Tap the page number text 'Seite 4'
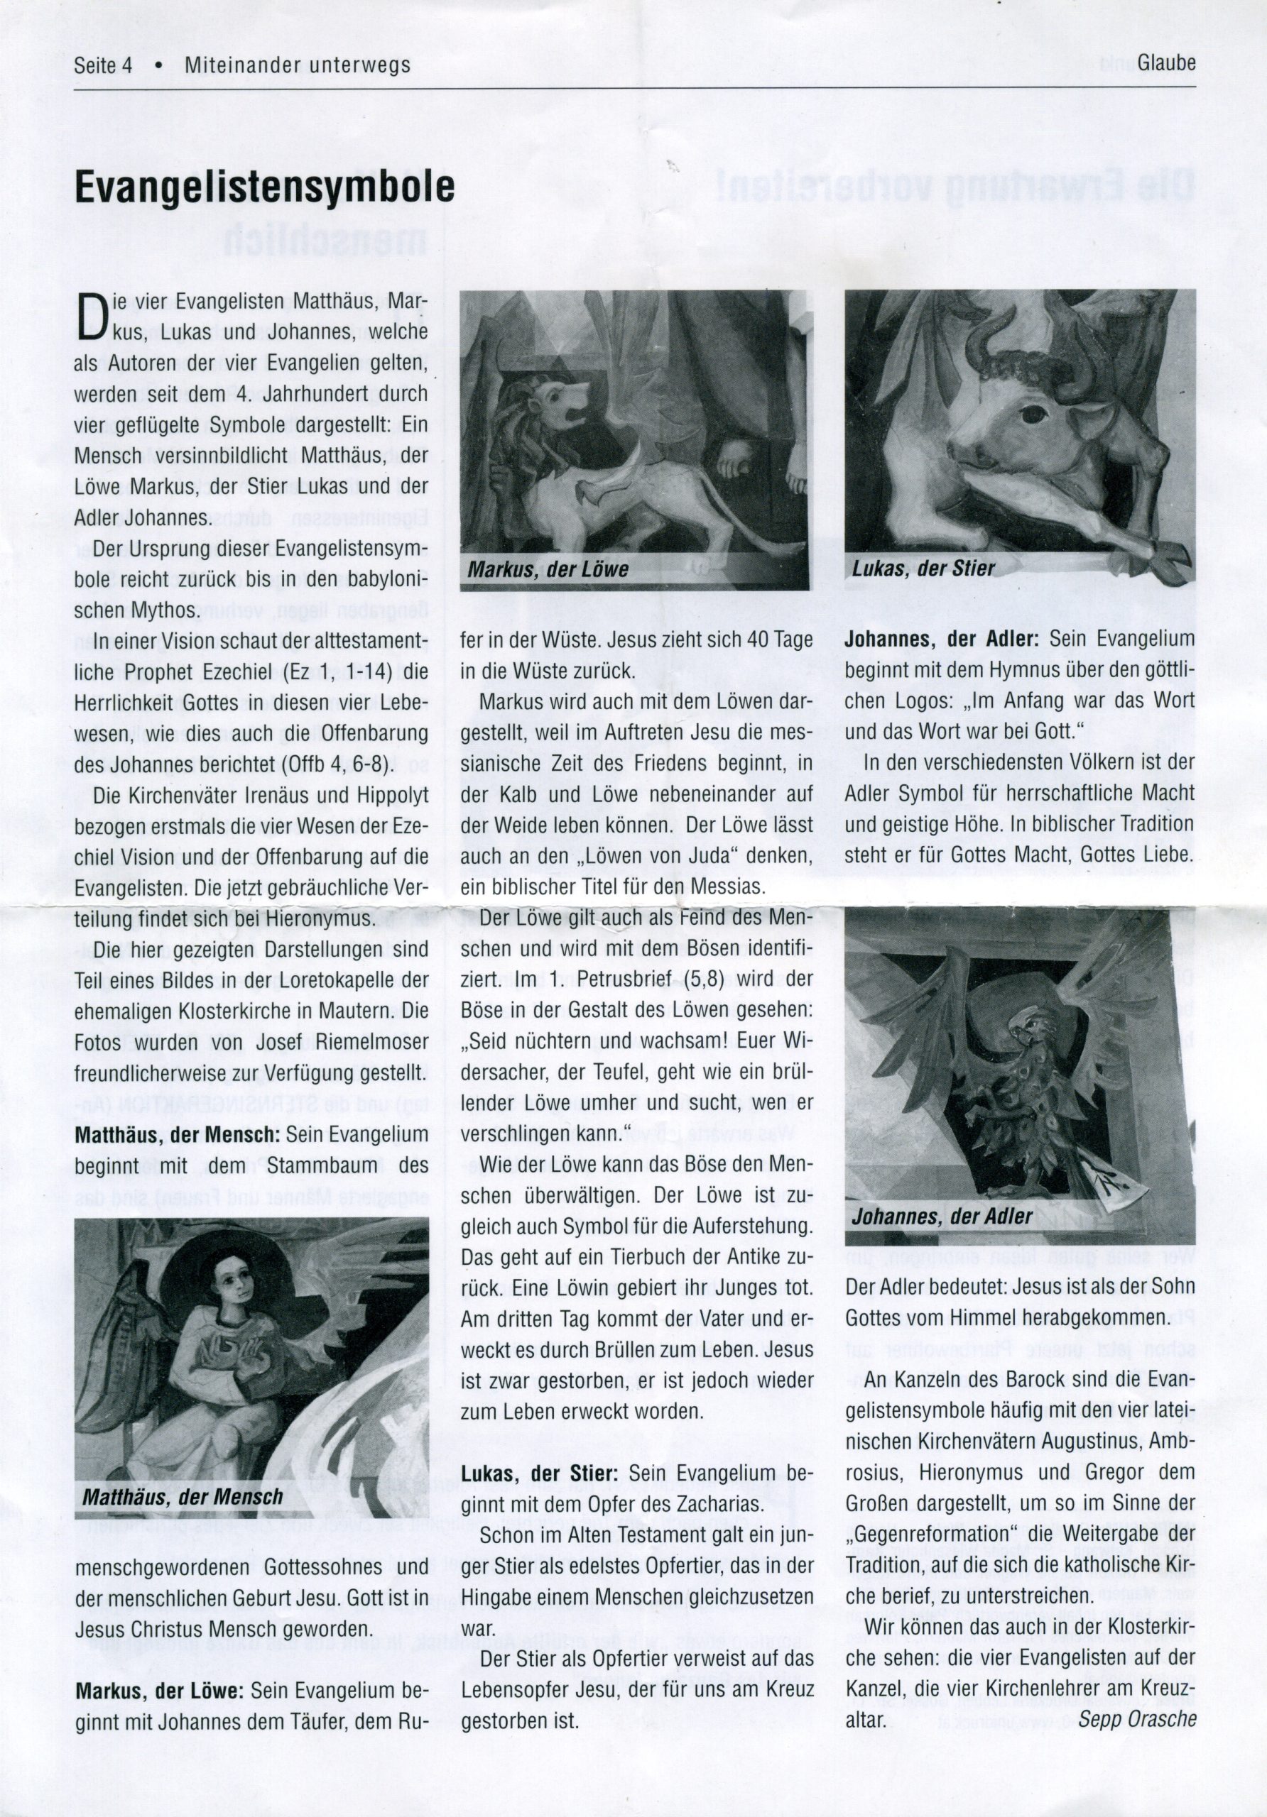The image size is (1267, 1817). click(103, 65)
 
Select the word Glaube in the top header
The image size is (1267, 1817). click(1166, 63)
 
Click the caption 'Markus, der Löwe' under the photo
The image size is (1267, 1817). click(548, 569)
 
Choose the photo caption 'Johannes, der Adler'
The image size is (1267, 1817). click(942, 1216)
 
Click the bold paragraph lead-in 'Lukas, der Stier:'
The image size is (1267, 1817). click(539, 1473)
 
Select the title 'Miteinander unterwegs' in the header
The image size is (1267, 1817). click(298, 65)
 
